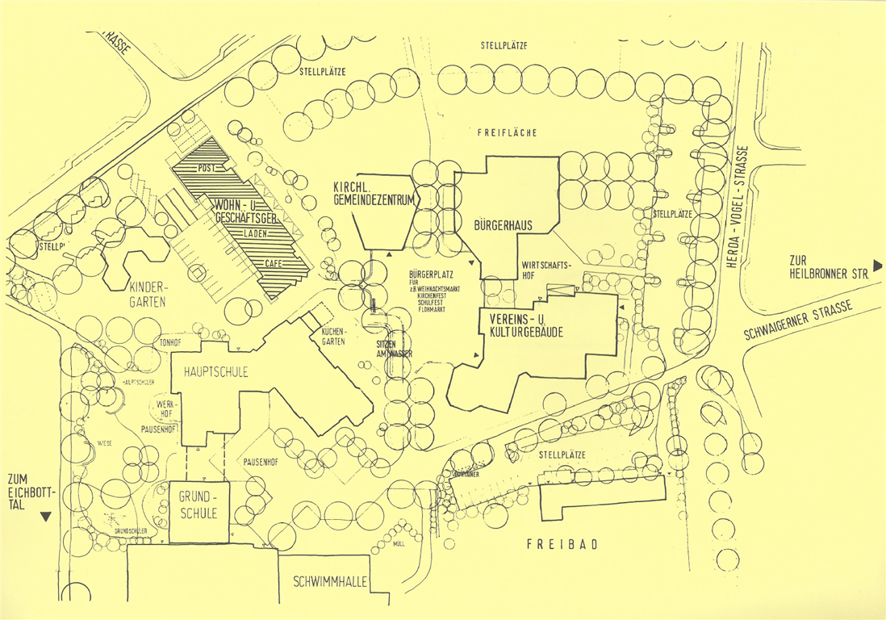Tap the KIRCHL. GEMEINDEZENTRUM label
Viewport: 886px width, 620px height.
(x=378, y=195)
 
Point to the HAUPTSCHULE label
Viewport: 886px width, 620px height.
(x=215, y=372)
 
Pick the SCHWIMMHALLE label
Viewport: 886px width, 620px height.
(x=331, y=581)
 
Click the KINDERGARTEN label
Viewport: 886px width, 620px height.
(x=147, y=295)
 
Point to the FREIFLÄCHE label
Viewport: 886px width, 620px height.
(x=507, y=132)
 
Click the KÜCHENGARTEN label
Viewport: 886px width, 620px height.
(x=334, y=337)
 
